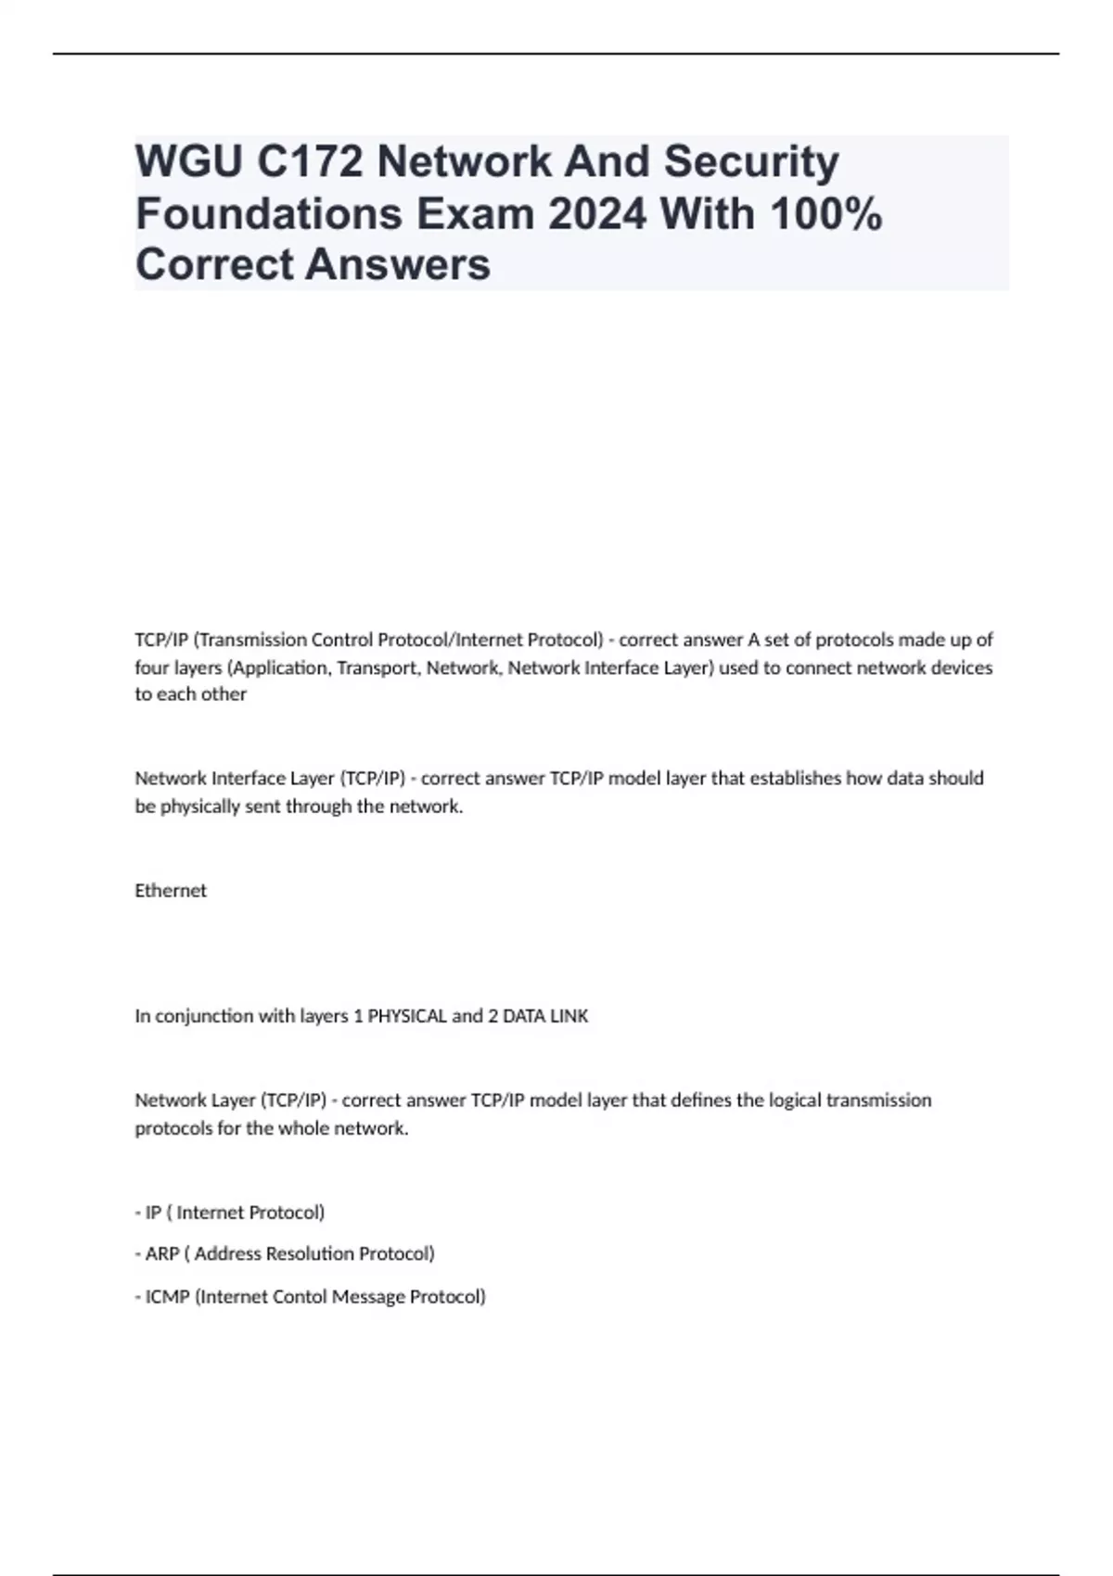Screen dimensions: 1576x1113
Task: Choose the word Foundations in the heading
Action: point(268,214)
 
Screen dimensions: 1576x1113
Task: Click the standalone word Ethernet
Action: point(171,890)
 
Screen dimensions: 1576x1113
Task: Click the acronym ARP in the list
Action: point(162,1253)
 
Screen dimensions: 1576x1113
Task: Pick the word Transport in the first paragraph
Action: point(377,667)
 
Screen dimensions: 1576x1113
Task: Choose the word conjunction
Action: point(204,1016)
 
